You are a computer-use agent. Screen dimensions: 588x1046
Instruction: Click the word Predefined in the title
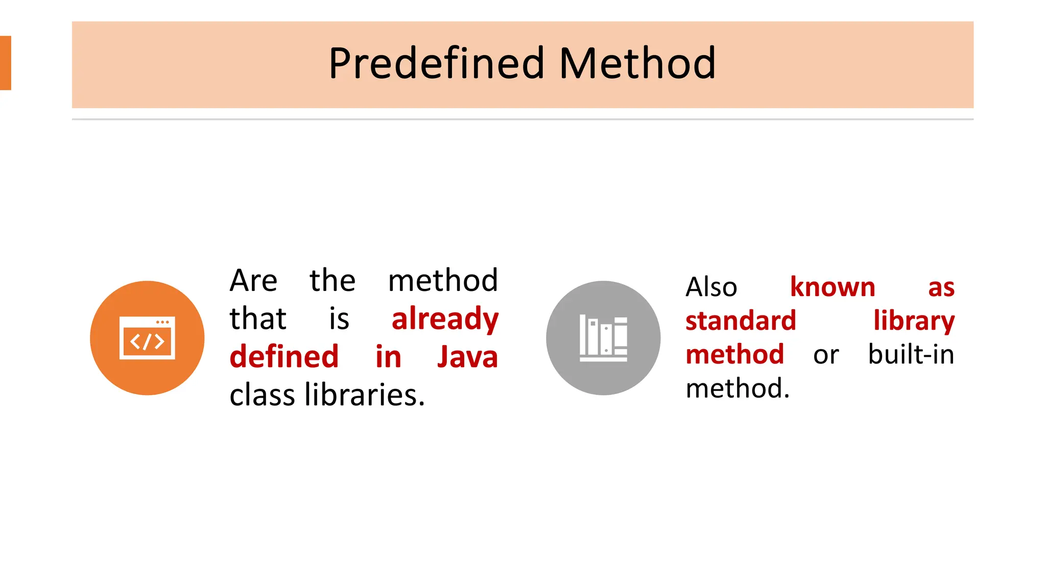[437, 64]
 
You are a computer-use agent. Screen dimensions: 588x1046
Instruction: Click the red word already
[445, 319]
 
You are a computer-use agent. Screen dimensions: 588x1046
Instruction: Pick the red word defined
[284, 357]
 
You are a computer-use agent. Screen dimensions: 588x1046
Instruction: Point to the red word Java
[467, 357]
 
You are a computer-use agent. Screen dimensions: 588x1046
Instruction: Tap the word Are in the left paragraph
[253, 281]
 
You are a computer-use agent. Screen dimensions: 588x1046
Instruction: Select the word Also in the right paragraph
[711, 287]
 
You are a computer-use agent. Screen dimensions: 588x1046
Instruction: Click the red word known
[833, 287]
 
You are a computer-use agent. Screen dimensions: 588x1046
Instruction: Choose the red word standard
[741, 321]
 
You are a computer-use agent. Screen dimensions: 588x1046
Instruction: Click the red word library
[914, 321]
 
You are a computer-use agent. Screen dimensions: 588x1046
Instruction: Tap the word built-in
[911, 355]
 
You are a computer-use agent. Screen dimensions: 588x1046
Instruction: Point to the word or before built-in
[826, 355]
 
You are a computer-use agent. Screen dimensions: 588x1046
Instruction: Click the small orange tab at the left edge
[5, 63]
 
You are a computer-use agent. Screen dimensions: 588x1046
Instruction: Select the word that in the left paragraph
[258, 319]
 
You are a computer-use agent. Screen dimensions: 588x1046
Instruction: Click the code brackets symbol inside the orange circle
[147, 341]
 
